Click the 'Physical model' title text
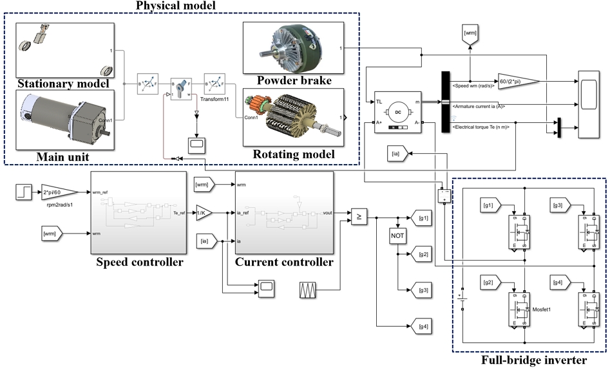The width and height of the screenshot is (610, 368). [176, 6]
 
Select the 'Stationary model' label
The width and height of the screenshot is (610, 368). [62, 84]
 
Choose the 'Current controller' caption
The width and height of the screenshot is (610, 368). [285, 262]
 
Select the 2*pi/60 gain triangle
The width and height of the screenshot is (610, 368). [62, 191]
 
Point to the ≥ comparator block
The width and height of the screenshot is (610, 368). [359, 217]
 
